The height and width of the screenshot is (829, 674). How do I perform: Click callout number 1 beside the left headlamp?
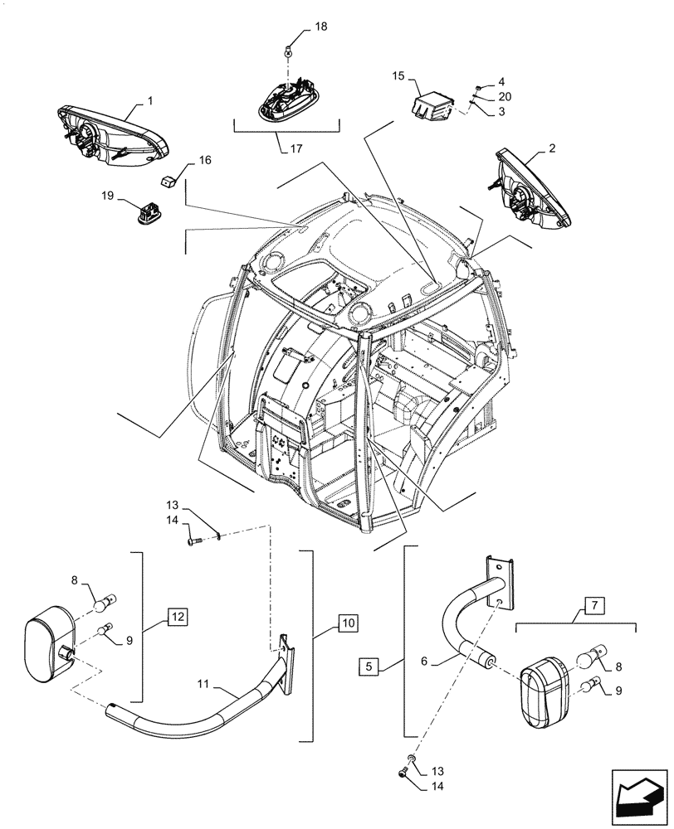pyautogui.click(x=149, y=100)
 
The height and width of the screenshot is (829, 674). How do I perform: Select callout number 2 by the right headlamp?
pyautogui.click(x=551, y=148)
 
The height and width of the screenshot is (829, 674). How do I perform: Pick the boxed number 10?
pyautogui.click(x=348, y=621)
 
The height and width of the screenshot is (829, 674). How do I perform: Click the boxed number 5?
pyautogui.click(x=370, y=666)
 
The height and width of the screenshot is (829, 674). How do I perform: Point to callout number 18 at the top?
pyautogui.click(x=321, y=27)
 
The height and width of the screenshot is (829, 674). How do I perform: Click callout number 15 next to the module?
pyautogui.click(x=398, y=76)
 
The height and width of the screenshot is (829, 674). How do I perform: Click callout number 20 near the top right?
pyautogui.click(x=505, y=96)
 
